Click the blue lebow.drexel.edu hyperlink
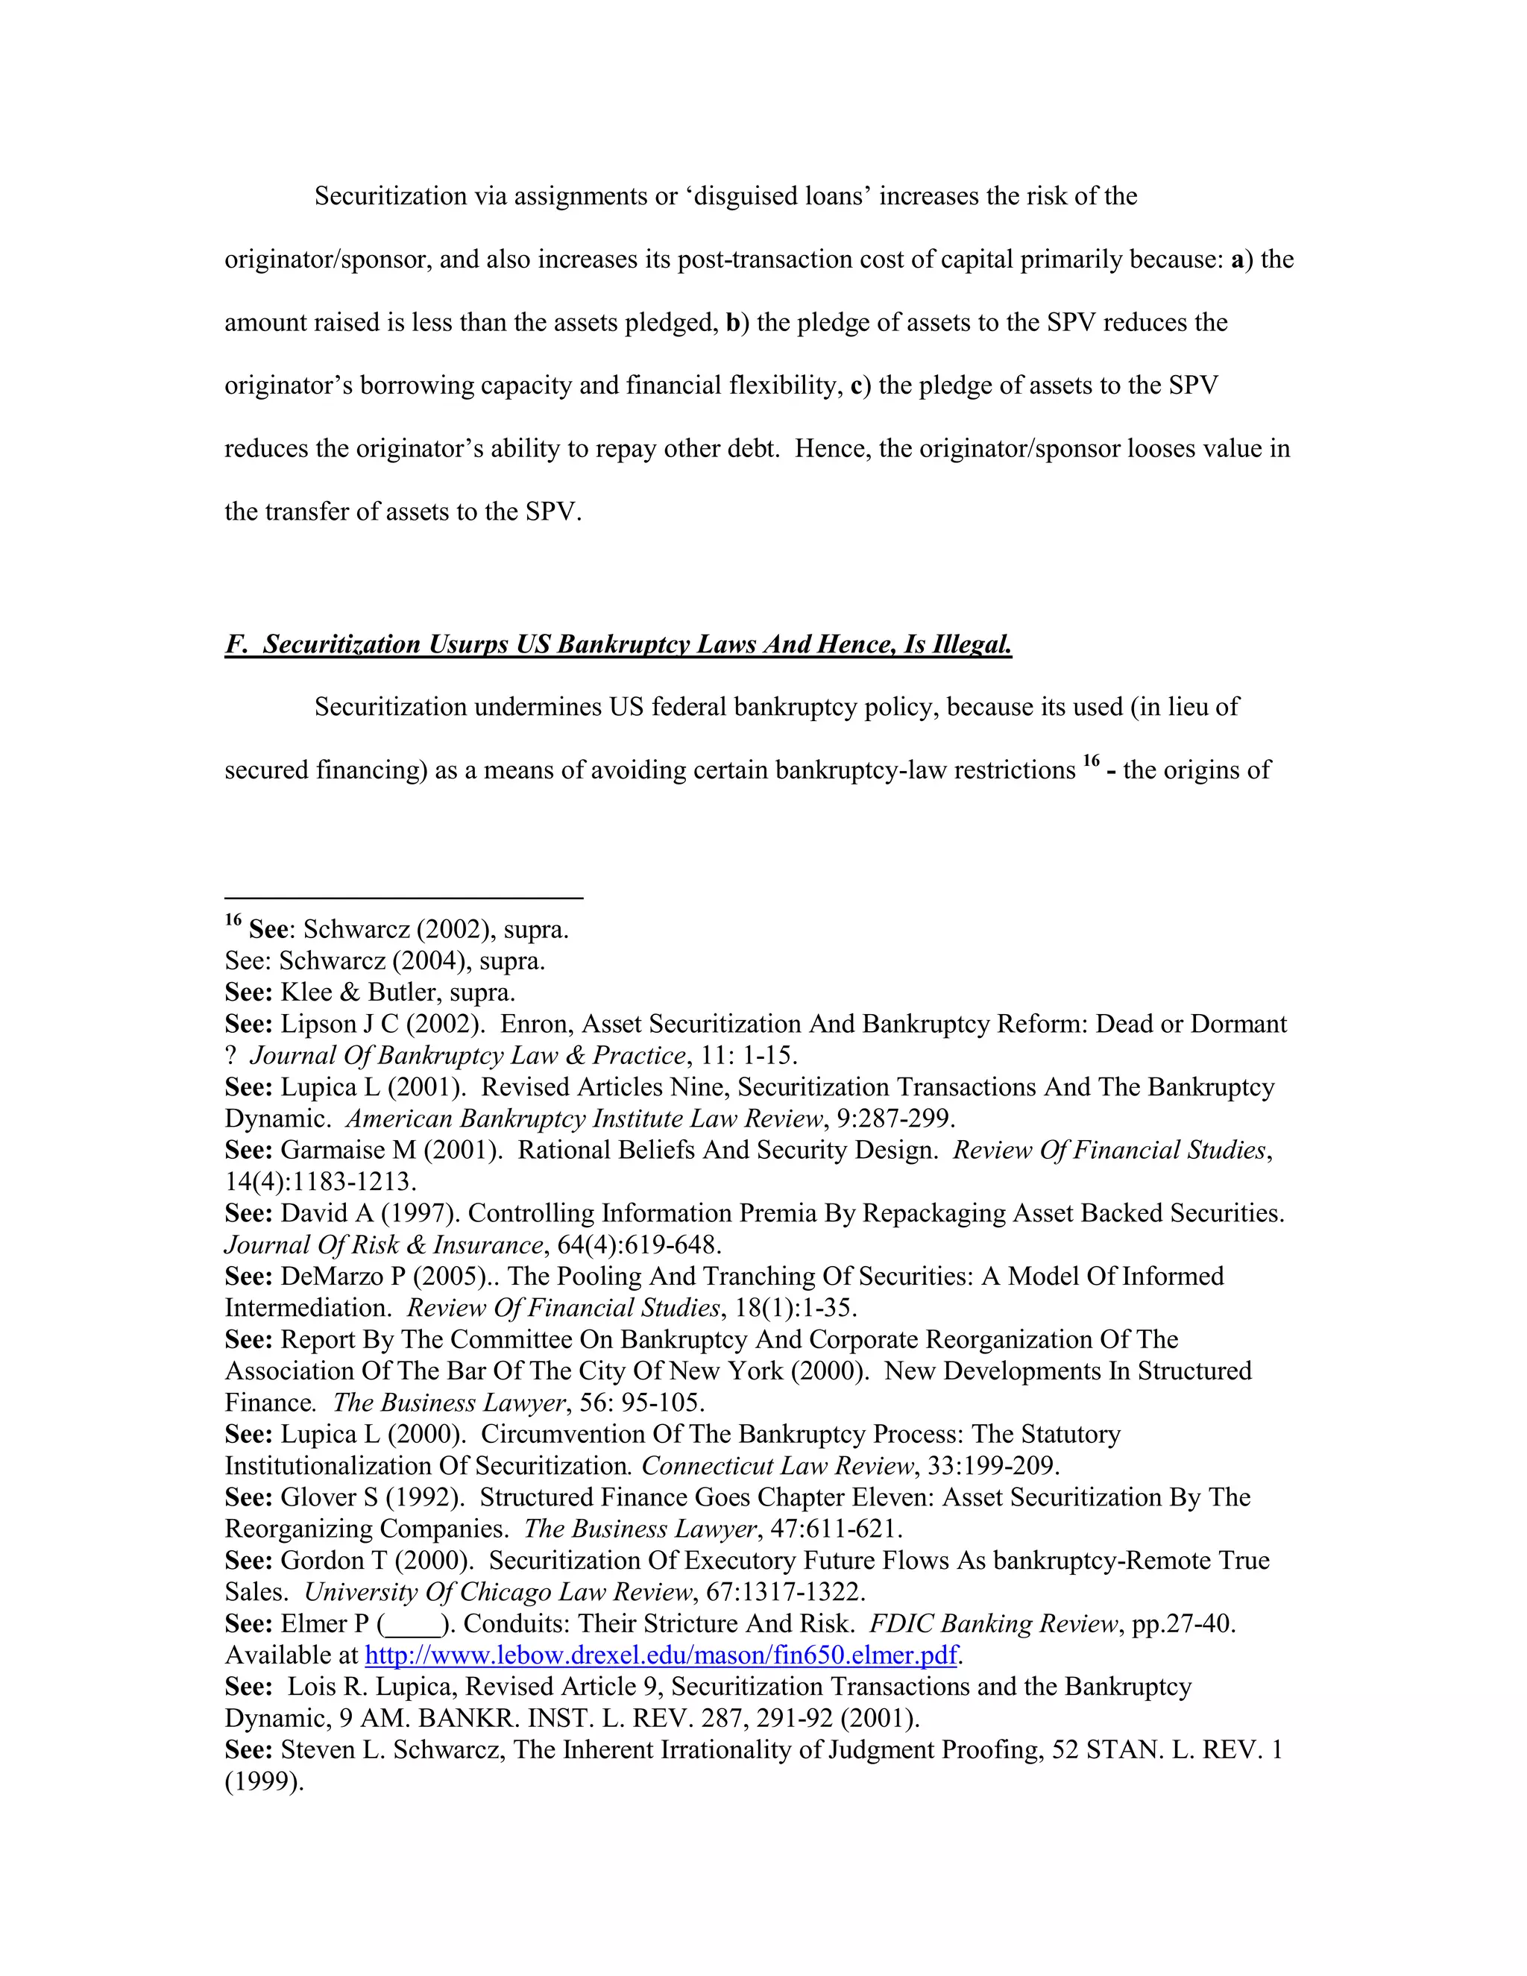661,1655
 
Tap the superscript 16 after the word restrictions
1091,762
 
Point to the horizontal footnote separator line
403,898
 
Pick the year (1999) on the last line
263,1782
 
